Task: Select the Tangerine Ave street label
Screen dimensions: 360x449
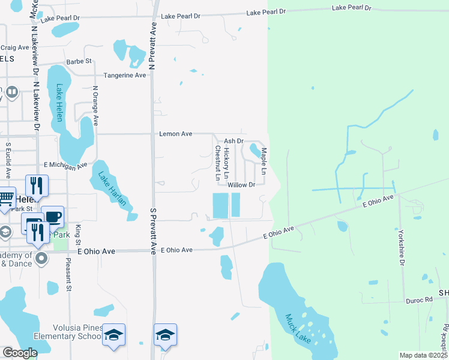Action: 125,76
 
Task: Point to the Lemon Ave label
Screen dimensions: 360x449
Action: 175,134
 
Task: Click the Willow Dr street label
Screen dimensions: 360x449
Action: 242,185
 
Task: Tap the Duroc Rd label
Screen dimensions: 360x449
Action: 419,299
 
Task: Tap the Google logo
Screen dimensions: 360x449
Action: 20,353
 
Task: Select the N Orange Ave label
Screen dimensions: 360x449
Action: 95,105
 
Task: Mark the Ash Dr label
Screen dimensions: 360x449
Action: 233,141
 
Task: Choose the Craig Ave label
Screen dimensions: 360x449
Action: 15,47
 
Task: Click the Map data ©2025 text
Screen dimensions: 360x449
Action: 424,355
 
